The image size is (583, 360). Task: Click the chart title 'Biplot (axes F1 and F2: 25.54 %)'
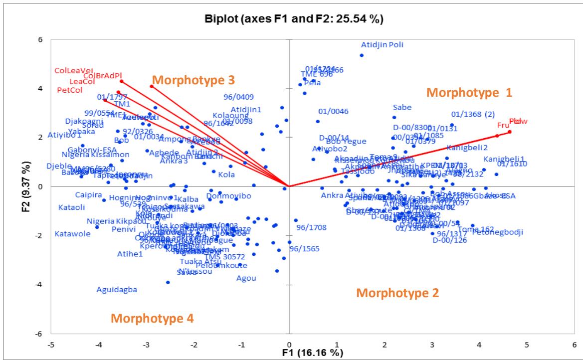coord(291,20)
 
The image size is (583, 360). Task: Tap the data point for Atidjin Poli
coord(362,55)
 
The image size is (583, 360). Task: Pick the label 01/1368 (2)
coord(473,114)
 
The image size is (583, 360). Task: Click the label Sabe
coord(402,107)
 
